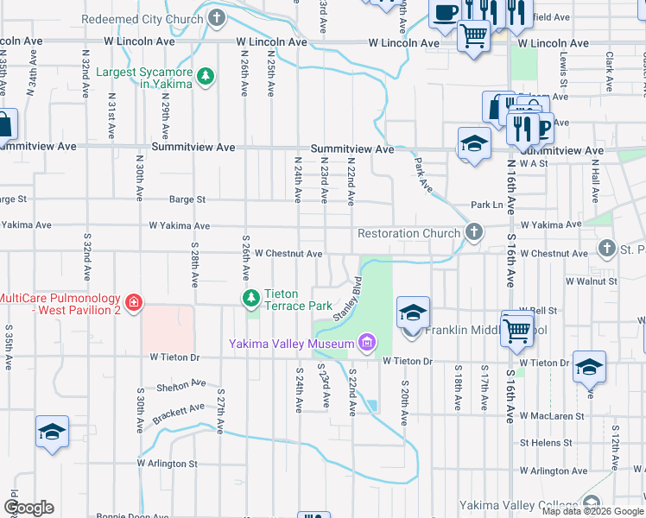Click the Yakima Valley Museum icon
[x=367, y=343]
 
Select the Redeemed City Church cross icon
[x=217, y=18]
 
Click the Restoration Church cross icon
[x=473, y=232]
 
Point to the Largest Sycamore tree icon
[x=205, y=78]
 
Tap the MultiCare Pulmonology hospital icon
[x=133, y=303]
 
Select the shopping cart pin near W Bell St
[x=516, y=328]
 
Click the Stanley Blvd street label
[x=345, y=298]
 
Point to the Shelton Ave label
[x=180, y=385]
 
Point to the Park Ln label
[x=486, y=205]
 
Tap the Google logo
[x=28, y=507]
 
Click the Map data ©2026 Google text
[x=591, y=510]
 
